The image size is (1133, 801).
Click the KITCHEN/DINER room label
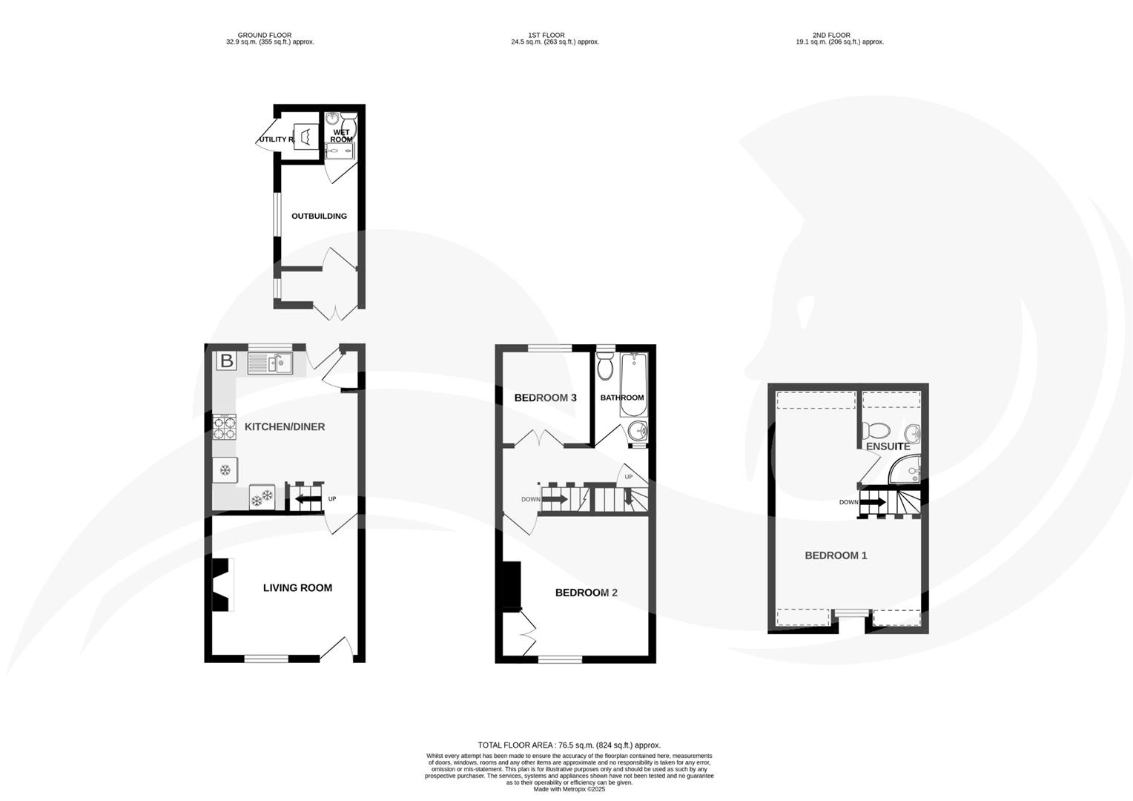coord(285,427)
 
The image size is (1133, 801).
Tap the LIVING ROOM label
coord(297,588)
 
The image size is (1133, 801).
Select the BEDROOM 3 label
coord(545,398)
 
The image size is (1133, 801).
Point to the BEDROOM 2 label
coord(586,593)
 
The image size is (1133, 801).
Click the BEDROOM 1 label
coord(836,556)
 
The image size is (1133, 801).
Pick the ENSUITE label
coord(888,446)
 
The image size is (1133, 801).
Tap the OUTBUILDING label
coord(319,217)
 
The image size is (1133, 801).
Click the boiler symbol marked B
coord(227,362)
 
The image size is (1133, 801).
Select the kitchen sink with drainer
coord(271,363)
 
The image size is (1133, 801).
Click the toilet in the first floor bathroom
coord(605,366)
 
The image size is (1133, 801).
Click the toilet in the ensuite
coord(877,429)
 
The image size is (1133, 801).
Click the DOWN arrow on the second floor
coord(873,502)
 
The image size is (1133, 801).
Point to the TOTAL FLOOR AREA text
coord(569,745)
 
